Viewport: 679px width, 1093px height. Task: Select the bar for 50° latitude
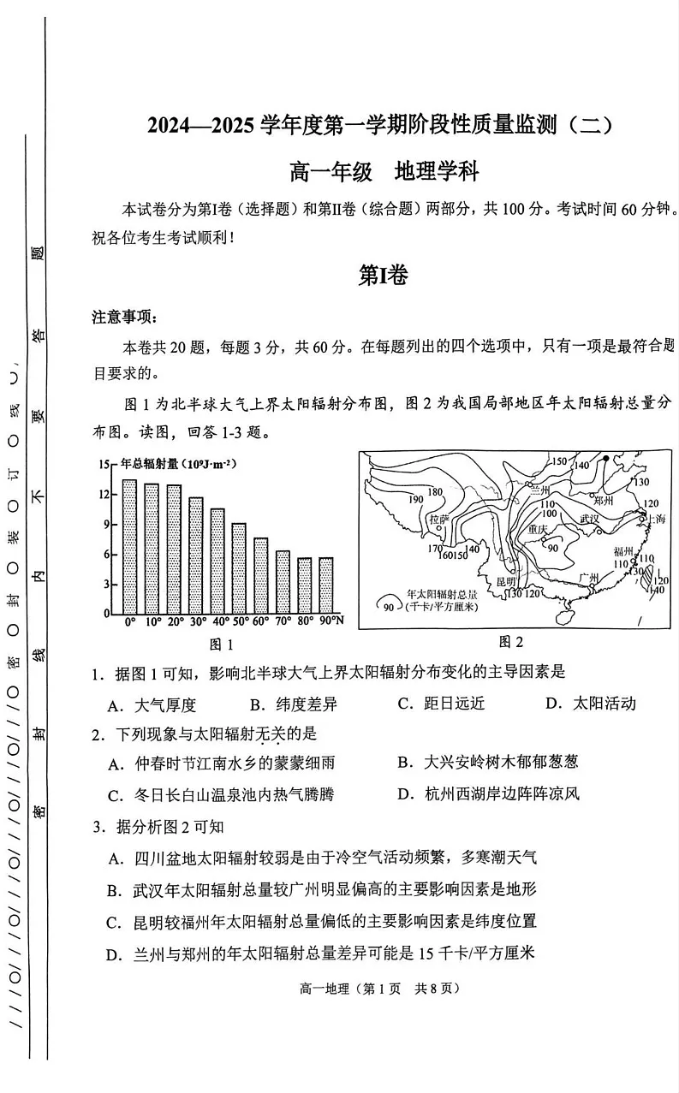click(239, 568)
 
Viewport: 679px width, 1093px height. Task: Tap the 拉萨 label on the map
click(439, 519)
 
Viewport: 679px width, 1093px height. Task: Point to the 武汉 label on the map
click(590, 520)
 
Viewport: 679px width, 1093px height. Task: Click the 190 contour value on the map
click(417, 499)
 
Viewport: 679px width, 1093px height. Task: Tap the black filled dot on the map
click(605, 459)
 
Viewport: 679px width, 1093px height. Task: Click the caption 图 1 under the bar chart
click(222, 645)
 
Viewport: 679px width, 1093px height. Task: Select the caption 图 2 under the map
click(510, 642)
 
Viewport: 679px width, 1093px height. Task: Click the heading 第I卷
click(383, 275)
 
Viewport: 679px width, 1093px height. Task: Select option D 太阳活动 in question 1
click(591, 704)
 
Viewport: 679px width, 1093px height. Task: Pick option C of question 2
click(221, 794)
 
